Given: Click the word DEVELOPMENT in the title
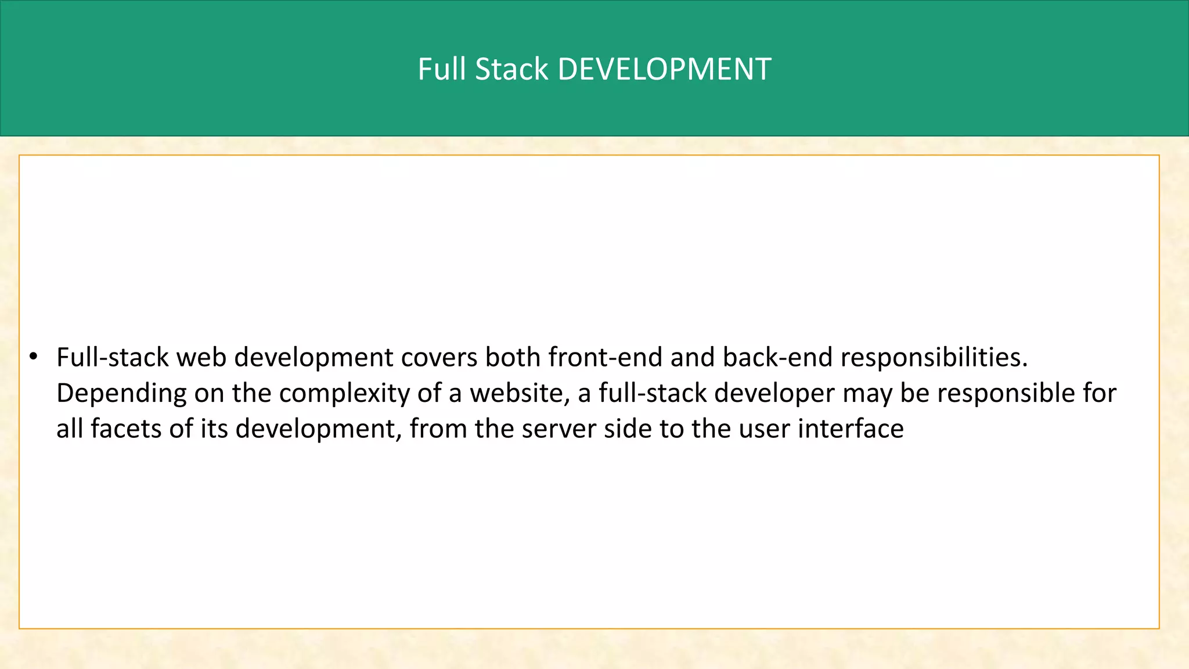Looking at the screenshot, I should (x=664, y=69).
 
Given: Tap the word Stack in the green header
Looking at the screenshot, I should (x=511, y=69).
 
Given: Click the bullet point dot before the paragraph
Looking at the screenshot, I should (x=34, y=356).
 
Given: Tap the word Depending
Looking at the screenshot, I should (x=121, y=394).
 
